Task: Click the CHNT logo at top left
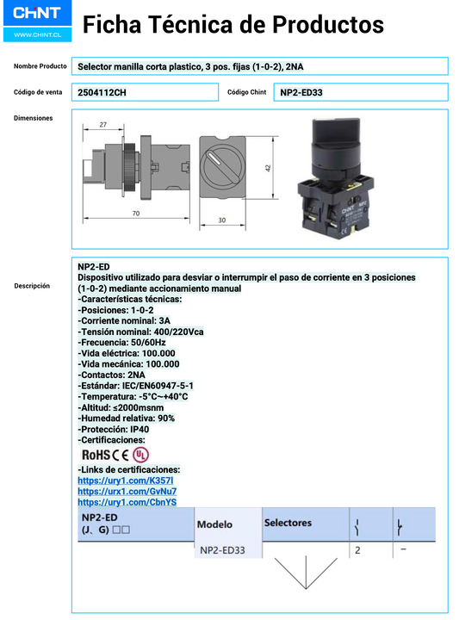point(37,15)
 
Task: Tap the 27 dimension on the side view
point(102,126)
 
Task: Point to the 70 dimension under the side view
point(135,213)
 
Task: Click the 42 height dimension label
point(268,169)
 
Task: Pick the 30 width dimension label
point(221,220)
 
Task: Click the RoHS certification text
point(95,454)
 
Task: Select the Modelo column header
point(214,524)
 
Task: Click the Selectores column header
point(288,522)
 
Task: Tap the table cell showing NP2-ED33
point(222,549)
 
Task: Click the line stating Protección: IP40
point(113,429)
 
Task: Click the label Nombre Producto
point(40,66)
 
